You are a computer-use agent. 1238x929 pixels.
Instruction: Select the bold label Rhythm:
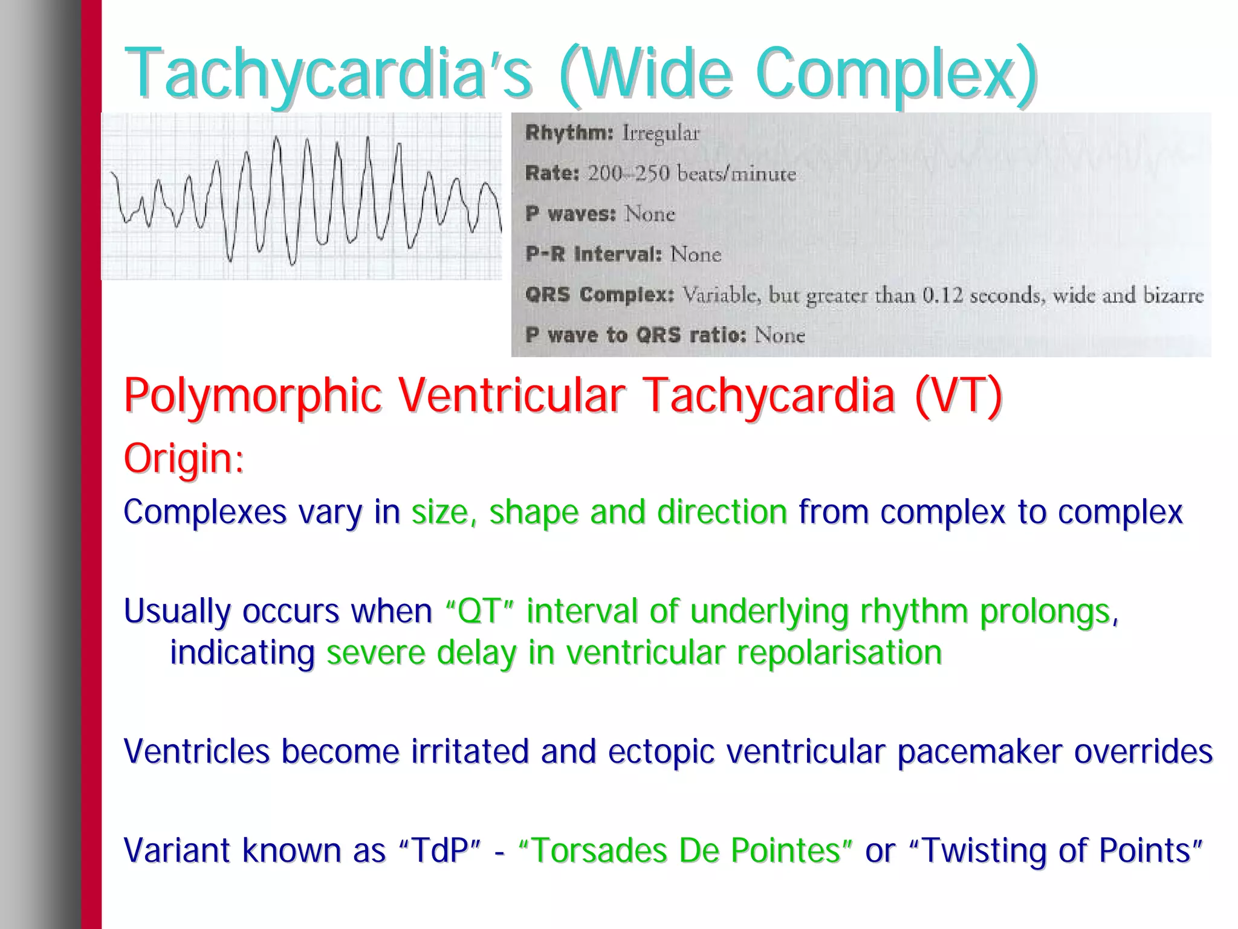(x=569, y=132)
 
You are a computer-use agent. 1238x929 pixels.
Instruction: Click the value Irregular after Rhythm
(x=661, y=133)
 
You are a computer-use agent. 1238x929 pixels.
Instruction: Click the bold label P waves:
(x=570, y=213)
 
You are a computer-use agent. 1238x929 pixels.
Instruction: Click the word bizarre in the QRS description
(x=1173, y=295)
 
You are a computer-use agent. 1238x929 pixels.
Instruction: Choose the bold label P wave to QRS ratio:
(x=635, y=335)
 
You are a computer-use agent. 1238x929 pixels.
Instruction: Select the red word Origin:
(x=184, y=458)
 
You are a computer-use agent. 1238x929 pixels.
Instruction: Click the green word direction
(x=722, y=512)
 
